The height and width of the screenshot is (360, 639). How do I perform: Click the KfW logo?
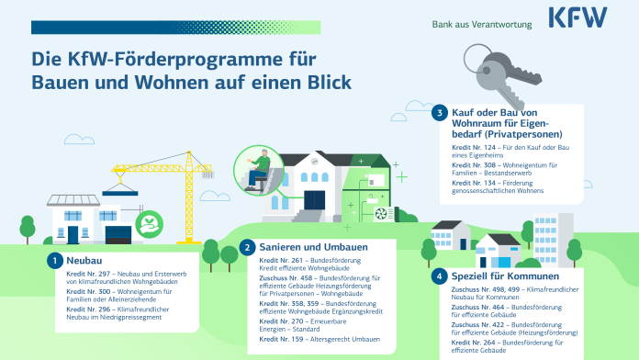coord(578,18)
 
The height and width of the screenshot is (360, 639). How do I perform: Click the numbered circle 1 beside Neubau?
coord(55,261)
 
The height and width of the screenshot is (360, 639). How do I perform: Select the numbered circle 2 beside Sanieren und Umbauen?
coord(248,247)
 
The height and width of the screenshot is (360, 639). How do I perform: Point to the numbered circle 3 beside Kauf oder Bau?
coord(440,112)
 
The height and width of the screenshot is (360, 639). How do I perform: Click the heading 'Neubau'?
coord(84,261)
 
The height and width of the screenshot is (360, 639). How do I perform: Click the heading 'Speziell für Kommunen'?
coord(497,275)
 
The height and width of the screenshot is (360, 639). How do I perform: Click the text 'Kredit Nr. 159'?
coord(278,341)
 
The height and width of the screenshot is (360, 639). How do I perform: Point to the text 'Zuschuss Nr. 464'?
coord(476,307)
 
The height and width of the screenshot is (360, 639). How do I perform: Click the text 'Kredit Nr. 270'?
coord(278,321)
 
